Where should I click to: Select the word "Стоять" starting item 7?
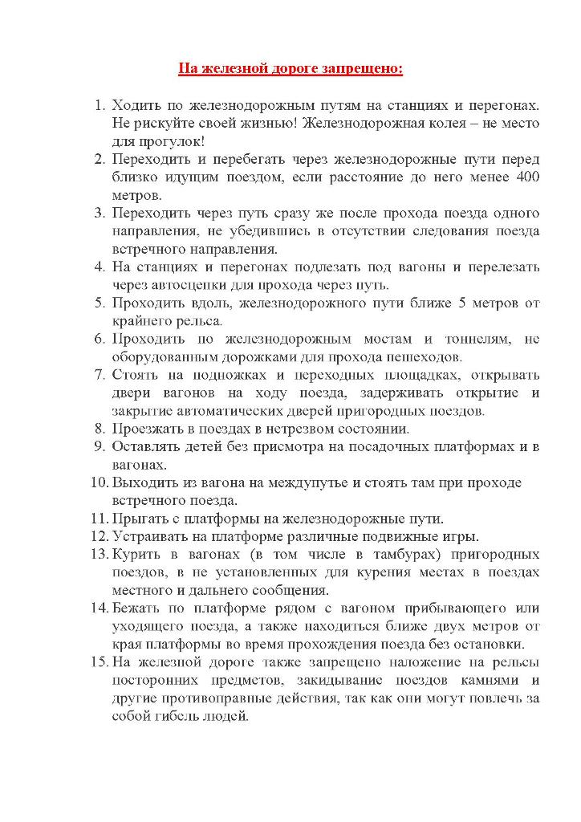137,375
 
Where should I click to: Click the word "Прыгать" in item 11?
143,519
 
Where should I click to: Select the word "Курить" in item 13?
139,555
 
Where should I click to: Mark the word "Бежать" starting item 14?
137,608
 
